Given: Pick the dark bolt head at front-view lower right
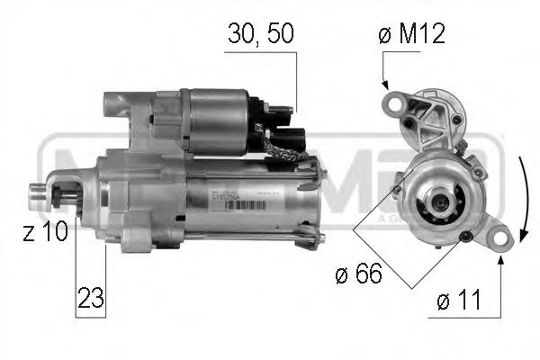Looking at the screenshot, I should pyautogui.click(x=464, y=237).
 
